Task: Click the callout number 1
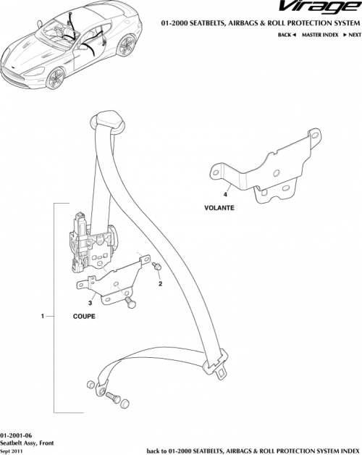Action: (44, 317)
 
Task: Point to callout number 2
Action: (161, 283)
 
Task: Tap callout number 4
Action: (226, 195)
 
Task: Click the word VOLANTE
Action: (219, 208)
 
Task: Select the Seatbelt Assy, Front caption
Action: (28, 441)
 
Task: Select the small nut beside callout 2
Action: (156, 268)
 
